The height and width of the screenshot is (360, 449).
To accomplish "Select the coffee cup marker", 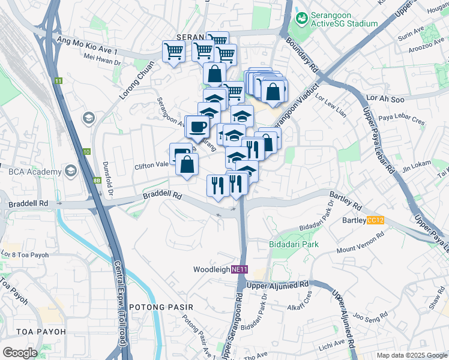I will pyautogui.click(x=197, y=127).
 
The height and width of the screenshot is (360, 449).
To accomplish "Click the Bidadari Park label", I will pyautogui.click(x=294, y=244).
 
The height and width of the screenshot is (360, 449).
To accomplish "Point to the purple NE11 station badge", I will pyautogui.click(x=240, y=270).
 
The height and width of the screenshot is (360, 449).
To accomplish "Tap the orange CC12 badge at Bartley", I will pyautogui.click(x=375, y=221).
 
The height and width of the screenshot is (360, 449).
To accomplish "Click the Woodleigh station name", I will pyautogui.click(x=212, y=270).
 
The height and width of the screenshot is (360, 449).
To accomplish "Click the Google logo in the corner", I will pyautogui.click(x=20, y=353).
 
